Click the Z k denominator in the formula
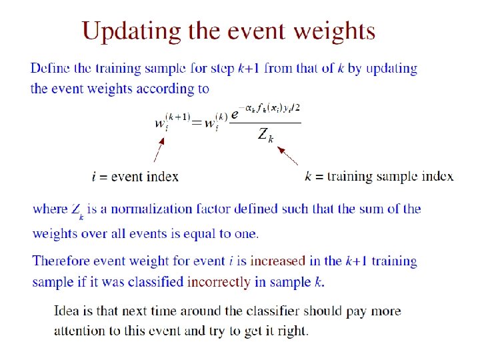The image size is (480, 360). [x=265, y=136]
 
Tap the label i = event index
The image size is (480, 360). [x=135, y=177]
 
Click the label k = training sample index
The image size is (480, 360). [x=379, y=177]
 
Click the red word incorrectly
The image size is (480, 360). [x=219, y=281]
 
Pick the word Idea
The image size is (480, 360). [x=68, y=311]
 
